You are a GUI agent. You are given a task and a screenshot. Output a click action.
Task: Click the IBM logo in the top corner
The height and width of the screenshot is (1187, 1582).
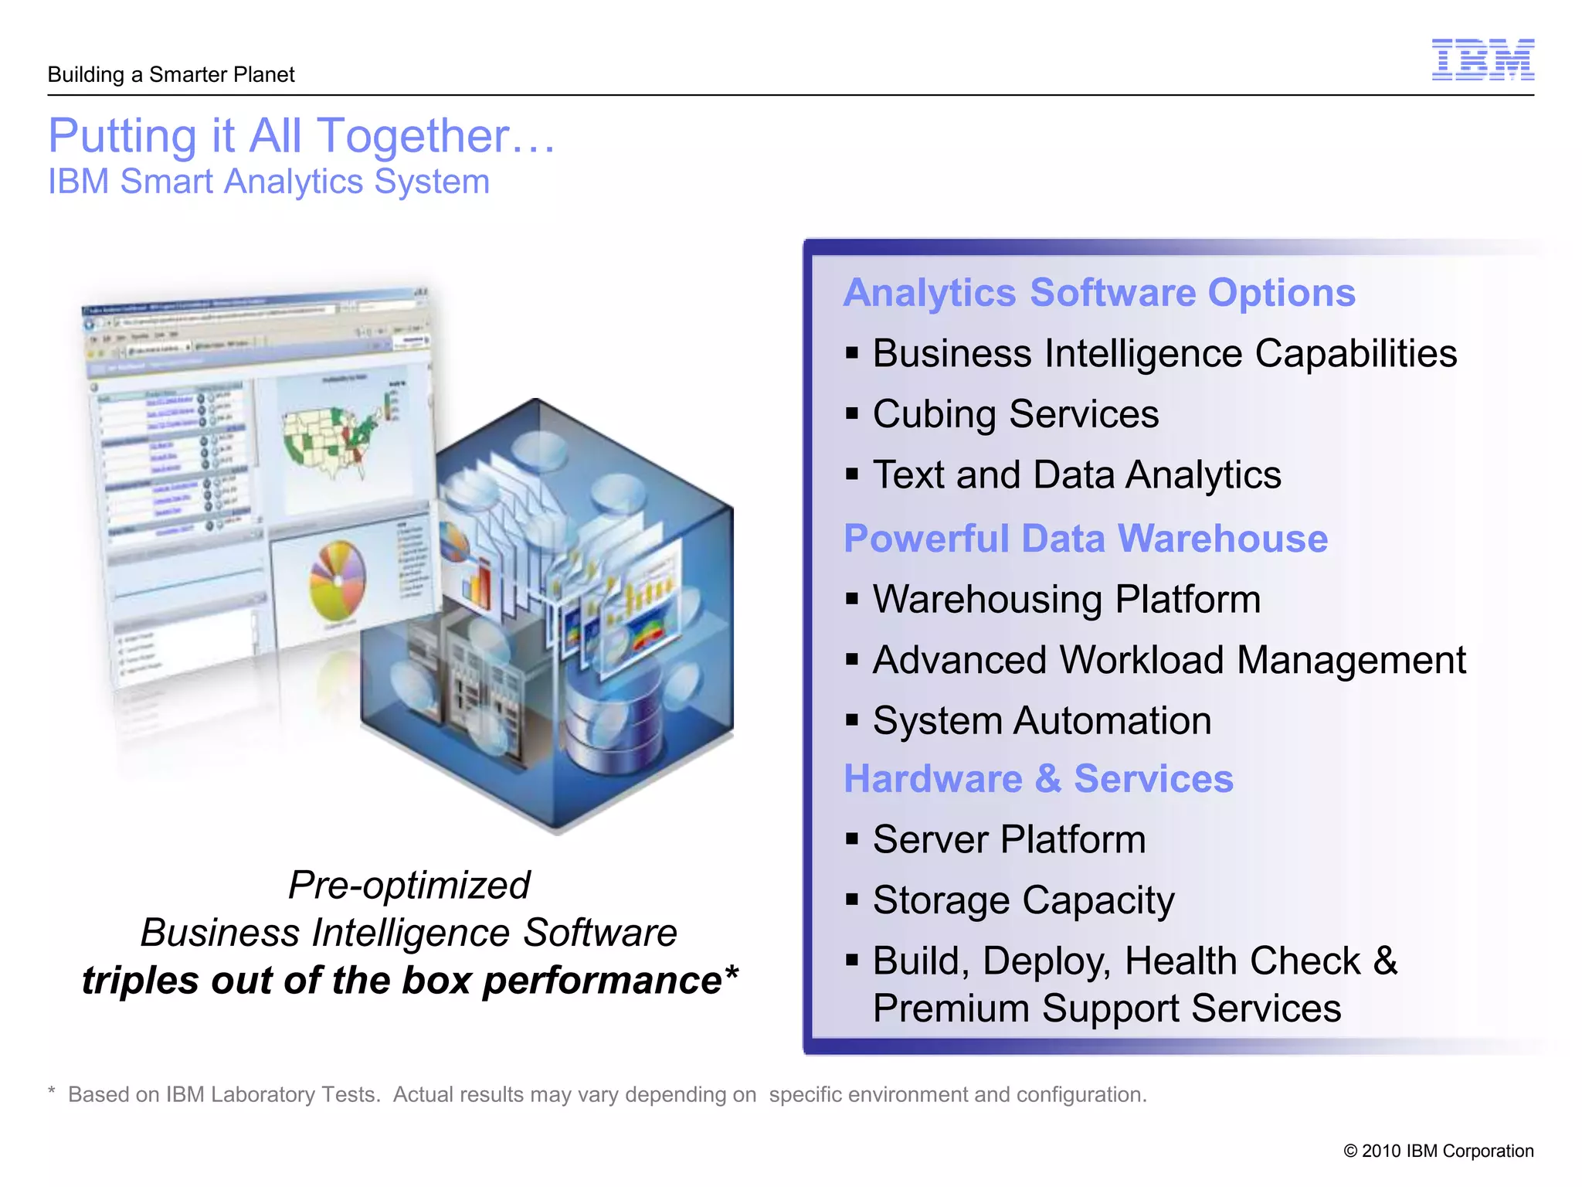pos(1482,60)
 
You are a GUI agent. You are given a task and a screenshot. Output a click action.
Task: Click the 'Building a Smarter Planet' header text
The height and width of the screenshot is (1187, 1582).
pos(171,75)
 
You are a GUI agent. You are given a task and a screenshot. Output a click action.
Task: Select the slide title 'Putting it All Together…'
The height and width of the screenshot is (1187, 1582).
pos(301,136)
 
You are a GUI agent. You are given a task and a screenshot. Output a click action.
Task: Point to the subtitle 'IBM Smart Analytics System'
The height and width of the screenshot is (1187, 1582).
pos(269,182)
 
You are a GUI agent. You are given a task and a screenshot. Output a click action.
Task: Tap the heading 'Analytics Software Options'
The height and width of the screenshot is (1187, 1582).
pos(1098,293)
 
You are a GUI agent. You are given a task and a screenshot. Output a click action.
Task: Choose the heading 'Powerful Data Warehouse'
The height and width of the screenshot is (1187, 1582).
pos(1085,539)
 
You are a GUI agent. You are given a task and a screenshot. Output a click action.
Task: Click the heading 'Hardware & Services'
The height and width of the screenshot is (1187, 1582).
pos(1038,779)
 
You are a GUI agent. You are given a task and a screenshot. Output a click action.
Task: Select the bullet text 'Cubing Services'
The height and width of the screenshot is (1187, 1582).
pos(1015,414)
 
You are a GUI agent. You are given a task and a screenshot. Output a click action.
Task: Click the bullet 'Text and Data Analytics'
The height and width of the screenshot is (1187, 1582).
pos(1076,475)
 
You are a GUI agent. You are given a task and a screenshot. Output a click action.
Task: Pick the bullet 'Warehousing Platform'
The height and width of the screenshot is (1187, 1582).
pos(1066,600)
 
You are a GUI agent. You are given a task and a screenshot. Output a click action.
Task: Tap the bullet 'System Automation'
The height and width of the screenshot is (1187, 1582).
pos(1041,721)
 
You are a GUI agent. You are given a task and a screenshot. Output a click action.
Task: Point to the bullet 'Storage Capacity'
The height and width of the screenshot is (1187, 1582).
pos(1023,901)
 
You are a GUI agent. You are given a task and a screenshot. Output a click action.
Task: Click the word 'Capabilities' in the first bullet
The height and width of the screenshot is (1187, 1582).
pos(1356,354)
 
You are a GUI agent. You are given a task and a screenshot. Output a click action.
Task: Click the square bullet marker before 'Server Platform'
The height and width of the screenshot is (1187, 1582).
pos(852,839)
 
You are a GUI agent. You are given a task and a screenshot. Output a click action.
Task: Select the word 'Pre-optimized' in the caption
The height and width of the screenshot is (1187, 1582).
pos(409,886)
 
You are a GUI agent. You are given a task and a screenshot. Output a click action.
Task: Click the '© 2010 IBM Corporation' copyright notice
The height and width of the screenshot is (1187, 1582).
pos(1438,1151)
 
